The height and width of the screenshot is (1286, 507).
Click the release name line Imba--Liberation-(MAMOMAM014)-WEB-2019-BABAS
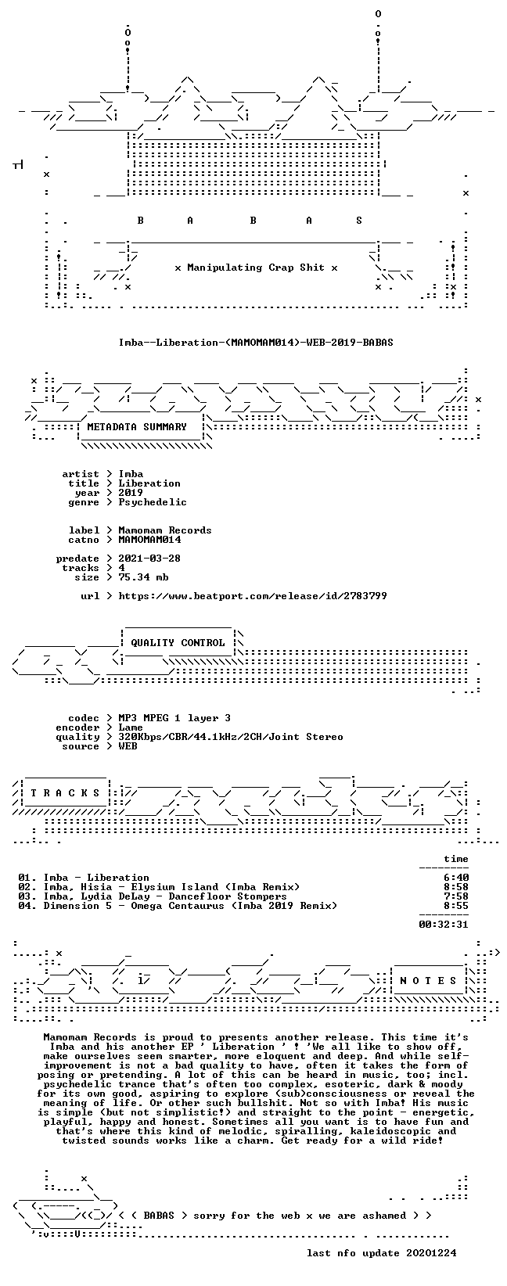256,343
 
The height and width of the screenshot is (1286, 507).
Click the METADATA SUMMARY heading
137,427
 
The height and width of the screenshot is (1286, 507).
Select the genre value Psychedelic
153,502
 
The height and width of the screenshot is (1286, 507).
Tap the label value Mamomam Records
165,530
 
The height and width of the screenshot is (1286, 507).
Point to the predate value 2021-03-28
150,559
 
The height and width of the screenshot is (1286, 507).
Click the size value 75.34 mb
143,577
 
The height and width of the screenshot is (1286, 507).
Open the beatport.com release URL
253,596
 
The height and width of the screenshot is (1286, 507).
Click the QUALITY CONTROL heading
178,643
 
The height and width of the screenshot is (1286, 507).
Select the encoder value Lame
131,727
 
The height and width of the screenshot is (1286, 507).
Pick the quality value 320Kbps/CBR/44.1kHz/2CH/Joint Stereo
231,737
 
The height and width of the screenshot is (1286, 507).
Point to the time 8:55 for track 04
456,906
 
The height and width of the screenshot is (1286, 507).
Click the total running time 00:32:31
444,925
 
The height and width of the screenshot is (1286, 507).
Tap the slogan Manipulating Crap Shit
256,268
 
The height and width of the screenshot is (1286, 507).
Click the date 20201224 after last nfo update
431,1252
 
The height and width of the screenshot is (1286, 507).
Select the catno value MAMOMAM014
150,540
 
